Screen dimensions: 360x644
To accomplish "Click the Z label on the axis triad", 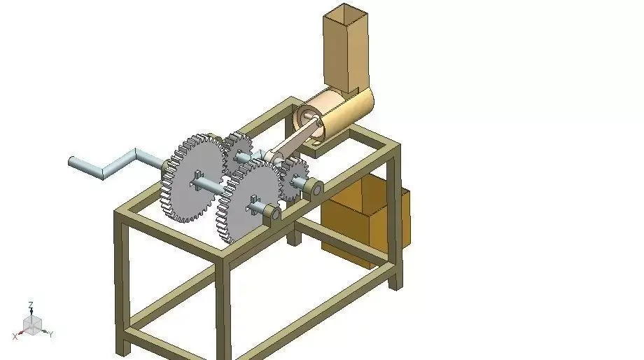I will (x=31, y=305).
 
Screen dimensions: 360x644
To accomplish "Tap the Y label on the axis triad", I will (x=52, y=334).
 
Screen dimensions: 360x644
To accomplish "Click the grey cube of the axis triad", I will (x=32, y=324).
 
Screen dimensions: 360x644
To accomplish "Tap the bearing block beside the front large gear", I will (x=272, y=212).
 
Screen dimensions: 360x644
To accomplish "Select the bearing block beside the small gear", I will (x=315, y=188).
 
